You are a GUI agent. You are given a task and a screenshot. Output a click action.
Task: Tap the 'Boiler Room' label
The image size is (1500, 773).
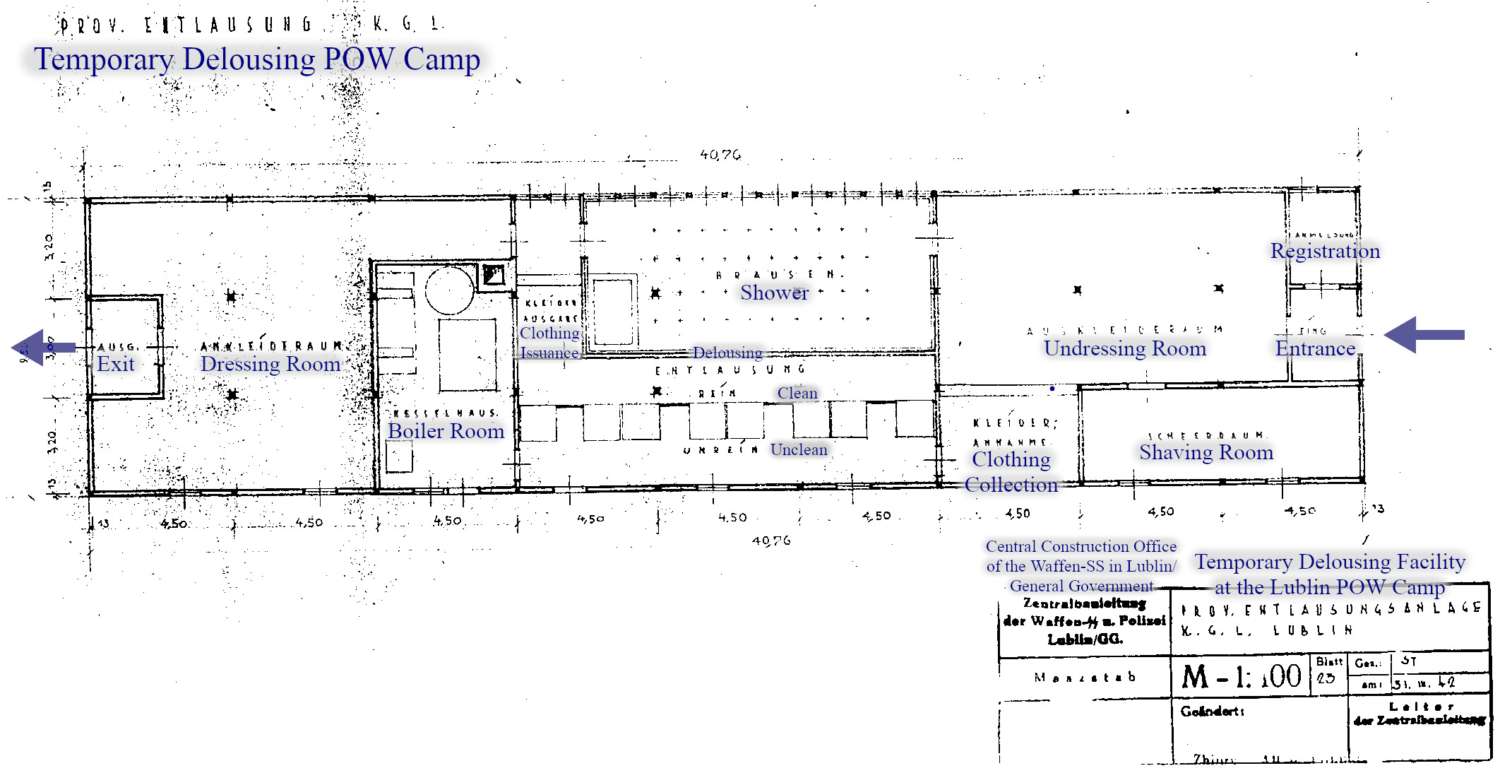446,431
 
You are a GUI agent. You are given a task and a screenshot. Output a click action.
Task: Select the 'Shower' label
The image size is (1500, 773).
774,293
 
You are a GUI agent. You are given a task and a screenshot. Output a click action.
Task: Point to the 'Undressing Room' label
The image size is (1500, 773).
1124,348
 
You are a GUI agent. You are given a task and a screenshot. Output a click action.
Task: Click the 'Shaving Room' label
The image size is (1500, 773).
1206,452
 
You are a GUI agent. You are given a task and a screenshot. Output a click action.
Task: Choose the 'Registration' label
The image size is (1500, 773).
1324,251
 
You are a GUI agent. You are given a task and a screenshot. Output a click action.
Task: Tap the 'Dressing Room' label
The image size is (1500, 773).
270,364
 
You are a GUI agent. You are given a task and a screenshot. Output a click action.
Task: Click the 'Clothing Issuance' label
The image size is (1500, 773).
549,343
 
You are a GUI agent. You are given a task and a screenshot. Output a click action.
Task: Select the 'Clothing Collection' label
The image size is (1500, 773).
1011,472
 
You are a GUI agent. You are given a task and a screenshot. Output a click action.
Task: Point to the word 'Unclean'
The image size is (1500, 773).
798,449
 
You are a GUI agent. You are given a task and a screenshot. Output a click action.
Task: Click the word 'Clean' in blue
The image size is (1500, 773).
797,393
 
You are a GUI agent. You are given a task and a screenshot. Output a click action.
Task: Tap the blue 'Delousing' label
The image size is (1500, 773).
727,353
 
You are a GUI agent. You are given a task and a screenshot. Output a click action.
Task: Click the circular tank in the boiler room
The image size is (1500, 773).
450,290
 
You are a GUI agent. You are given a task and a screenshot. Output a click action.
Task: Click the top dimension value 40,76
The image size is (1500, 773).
720,155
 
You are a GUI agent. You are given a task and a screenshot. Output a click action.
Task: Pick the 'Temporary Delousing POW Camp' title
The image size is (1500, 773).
257,59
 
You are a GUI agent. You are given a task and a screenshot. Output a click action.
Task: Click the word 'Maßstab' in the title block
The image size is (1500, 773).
1084,677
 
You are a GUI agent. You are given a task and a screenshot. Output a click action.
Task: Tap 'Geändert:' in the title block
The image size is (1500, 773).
1212,711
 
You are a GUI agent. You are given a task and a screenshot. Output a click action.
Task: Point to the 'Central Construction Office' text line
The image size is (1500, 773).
1081,546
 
